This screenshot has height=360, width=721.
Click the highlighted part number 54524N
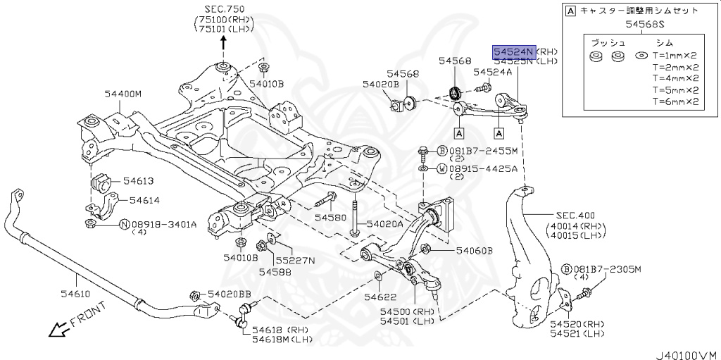tap(514, 51)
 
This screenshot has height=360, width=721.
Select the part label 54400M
tap(123, 93)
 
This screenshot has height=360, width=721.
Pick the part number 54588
tap(272, 271)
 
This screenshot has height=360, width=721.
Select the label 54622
tap(381, 298)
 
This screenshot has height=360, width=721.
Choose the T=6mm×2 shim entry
tap(675, 101)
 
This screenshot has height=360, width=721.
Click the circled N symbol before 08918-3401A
tap(124, 225)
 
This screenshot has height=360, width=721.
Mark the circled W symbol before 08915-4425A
tap(441, 169)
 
